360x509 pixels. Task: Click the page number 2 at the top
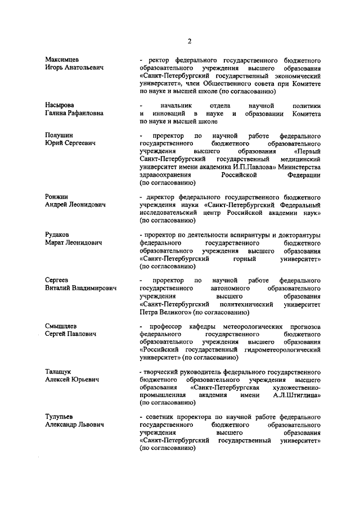point(190,40)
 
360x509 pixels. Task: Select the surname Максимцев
point(62,59)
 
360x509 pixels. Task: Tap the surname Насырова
point(60,105)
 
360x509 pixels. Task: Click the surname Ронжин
point(57,198)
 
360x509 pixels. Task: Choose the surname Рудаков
point(58,235)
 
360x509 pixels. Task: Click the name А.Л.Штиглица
point(298,395)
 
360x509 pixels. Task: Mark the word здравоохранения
point(166,175)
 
